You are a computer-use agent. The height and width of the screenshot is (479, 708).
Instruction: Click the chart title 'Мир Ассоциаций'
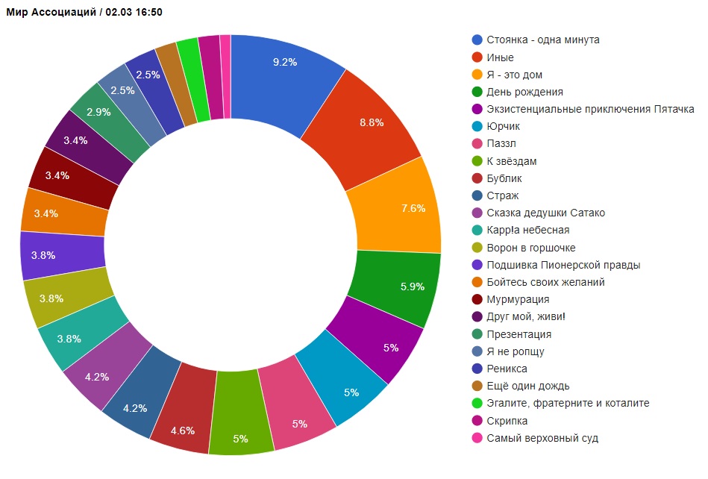[51, 12]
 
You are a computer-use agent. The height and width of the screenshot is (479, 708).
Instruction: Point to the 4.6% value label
[183, 431]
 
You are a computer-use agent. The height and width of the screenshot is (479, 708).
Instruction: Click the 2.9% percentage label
[98, 112]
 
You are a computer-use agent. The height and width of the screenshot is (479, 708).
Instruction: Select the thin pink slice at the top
[225, 77]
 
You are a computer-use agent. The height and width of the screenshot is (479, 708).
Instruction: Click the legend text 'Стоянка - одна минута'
[542, 40]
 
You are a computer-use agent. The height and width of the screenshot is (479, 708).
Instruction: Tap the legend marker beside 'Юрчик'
[477, 126]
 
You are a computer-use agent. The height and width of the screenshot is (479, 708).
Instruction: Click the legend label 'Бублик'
[504, 178]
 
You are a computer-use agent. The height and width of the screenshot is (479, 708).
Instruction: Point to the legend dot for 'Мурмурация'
[477, 299]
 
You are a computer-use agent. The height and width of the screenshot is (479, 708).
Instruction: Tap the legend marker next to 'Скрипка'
[477, 421]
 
